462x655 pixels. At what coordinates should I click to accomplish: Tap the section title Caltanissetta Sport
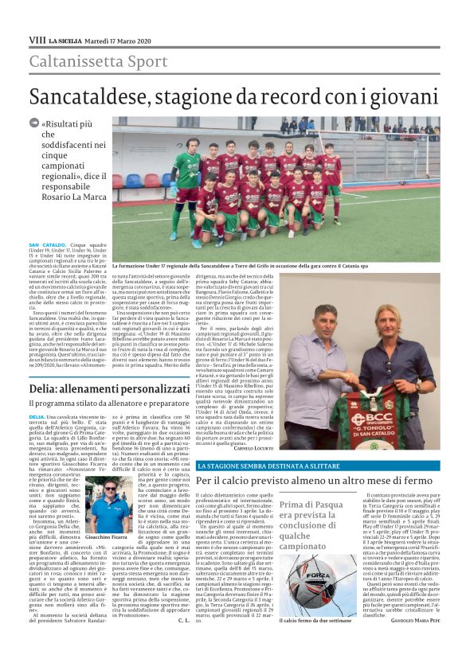88,61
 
